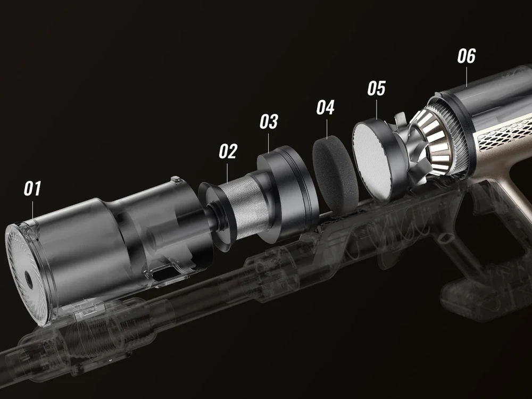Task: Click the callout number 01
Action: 32,189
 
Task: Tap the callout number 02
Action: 228,151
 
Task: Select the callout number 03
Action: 269,121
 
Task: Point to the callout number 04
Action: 326,107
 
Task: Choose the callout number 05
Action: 377,88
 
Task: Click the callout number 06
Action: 467,56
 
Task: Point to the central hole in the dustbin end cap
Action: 29,280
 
